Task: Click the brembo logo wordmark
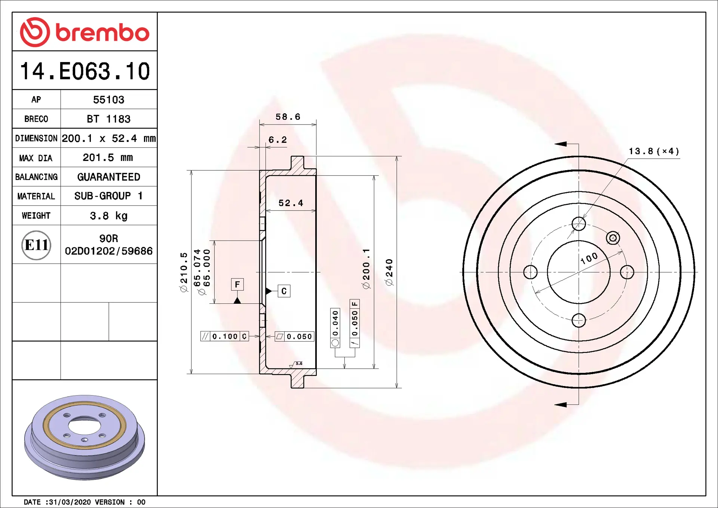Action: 102,33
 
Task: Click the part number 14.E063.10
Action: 85,71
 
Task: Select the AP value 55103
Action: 108,100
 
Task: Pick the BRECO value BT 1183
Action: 108,119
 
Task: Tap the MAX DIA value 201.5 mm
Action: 108,157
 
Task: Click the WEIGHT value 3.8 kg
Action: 108,216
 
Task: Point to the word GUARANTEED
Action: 108,177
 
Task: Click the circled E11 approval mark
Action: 36,245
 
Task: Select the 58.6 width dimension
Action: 288,117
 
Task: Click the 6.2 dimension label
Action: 277,140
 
